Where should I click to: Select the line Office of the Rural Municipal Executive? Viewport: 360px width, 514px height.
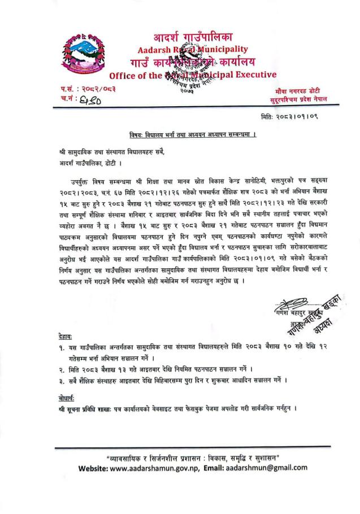pyautogui.click(x=192, y=75)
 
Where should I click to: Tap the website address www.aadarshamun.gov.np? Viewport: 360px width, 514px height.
pyautogui.click(x=150, y=468)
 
